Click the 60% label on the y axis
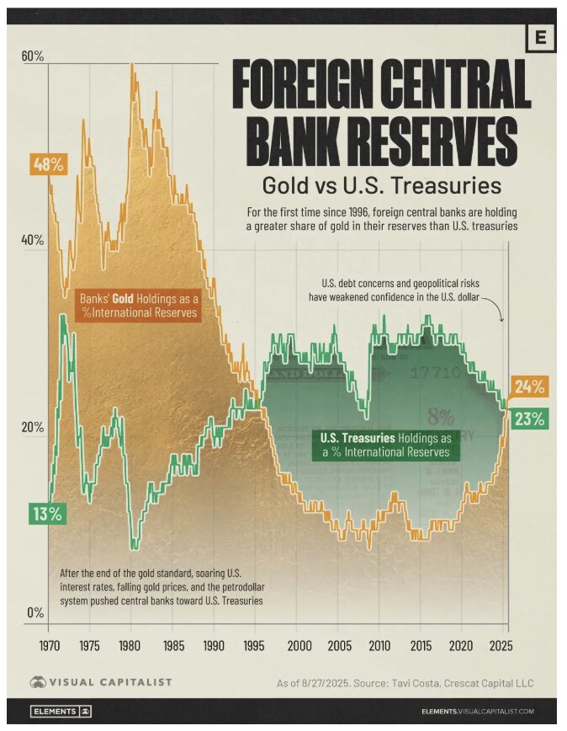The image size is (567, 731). click(33, 56)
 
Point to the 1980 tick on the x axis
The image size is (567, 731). click(130, 645)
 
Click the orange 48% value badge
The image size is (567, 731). click(48, 164)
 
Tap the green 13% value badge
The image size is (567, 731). click(46, 514)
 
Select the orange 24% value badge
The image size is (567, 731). click(530, 387)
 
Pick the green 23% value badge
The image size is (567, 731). click(530, 418)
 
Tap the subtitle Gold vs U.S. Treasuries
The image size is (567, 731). click(381, 184)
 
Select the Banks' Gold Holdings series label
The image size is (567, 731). click(139, 305)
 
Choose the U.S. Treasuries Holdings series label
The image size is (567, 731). click(386, 445)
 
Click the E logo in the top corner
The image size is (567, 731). click(540, 38)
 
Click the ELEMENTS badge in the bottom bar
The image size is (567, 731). click(61, 712)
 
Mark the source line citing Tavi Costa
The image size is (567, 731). click(405, 683)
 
